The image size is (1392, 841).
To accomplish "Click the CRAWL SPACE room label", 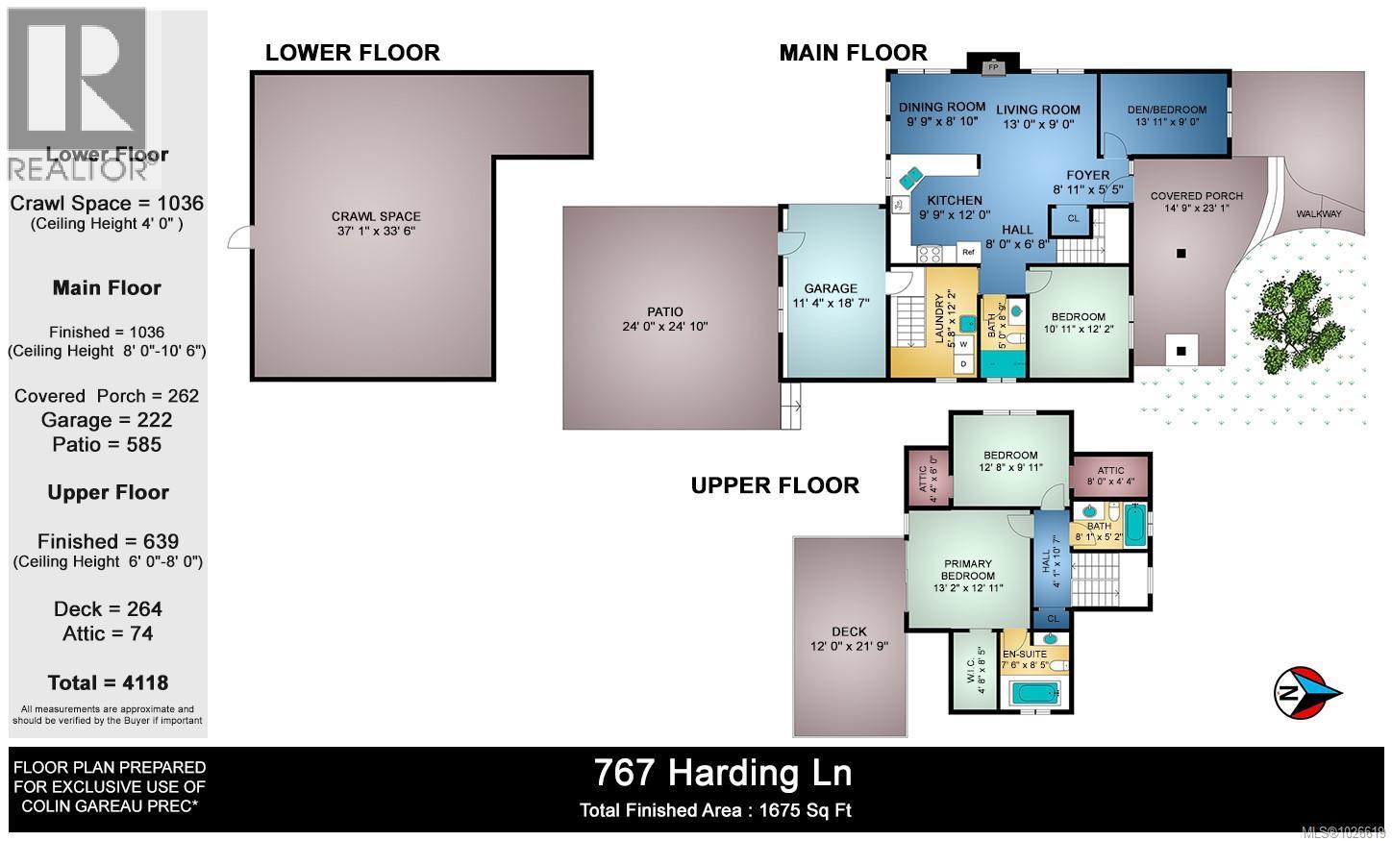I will click(376, 217).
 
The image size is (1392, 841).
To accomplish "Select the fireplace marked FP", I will click(992, 66).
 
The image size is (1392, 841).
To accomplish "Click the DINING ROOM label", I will click(941, 107).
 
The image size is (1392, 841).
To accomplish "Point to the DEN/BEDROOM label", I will click(1166, 110).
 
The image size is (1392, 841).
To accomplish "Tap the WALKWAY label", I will click(1318, 213).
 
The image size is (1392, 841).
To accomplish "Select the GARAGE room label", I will click(831, 288).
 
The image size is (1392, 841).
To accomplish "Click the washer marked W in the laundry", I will click(962, 344).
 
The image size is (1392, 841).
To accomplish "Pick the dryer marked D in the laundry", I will click(962, 364).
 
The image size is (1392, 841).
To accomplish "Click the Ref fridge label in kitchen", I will click(967, 253).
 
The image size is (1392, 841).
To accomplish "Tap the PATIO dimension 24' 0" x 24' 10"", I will click(664, 327).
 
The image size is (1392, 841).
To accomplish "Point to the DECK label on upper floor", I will click(849, 631).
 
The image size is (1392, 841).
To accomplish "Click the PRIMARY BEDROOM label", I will click(967, 570).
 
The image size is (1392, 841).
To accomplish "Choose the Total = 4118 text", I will click(108, 683).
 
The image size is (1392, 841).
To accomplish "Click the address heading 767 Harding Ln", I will click(722, 772).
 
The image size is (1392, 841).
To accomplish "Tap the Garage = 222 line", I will click(107, 420).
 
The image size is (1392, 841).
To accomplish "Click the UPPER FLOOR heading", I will click(775, 485).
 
